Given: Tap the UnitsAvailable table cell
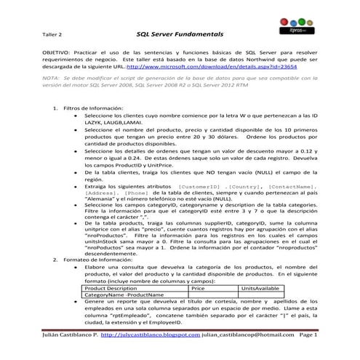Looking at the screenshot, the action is pyautogui.click(x=260, y=288).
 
